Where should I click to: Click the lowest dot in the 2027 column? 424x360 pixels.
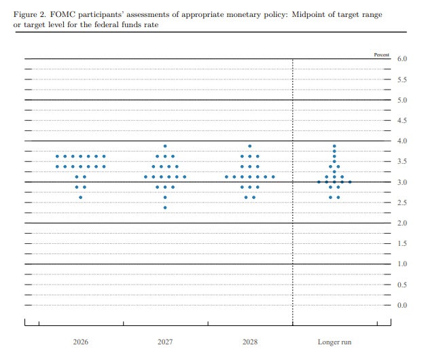click(x=165, y=207)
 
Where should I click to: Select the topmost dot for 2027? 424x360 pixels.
click(x=165, y=146)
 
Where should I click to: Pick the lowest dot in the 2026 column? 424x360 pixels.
click(x=81, y=197)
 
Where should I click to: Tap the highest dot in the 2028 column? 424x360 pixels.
click(x=250, y=146)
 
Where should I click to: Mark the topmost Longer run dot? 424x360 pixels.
click(x=334, y=146)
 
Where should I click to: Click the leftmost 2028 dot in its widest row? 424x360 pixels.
click(x=226, y=177)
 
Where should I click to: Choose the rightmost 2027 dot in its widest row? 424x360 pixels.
click(x=185, y=177)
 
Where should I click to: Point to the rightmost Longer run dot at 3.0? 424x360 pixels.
click(x=350, y=182)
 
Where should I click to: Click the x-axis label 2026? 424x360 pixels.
click(x=81, y=342)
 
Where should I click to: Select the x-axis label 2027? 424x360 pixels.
click(x=165, y=342)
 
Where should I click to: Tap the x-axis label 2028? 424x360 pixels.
click(x=250, y=342)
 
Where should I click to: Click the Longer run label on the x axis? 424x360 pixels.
click(x=334, y=342)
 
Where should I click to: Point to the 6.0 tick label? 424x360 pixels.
click(x=402, y=60)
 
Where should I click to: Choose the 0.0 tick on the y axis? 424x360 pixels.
click(x=402, y=305)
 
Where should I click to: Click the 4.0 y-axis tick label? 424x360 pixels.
click(x=402, y=141)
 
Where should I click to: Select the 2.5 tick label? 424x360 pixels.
click(x=402, y=203)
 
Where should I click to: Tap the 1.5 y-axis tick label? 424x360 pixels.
click(x=402, y=244)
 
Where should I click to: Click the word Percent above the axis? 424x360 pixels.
click(x=381, y=53)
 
